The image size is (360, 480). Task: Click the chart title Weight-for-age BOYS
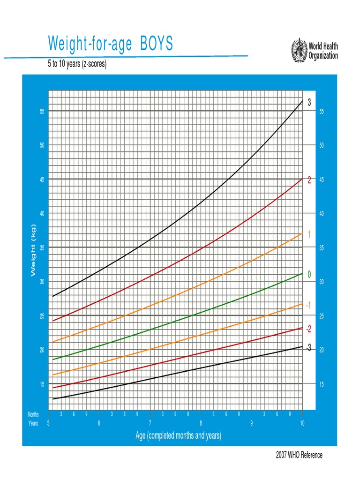click(x=110, y=44)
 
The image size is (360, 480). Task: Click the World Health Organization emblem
click(x=298, y=49)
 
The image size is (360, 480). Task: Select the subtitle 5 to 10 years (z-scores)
click(x=77, y=64)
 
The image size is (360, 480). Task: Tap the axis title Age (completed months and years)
click(x=178, y=436)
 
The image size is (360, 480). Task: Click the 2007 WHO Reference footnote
click(x=299, y=455)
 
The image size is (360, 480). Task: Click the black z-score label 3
click(x=309, y=102)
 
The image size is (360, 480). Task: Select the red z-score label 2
click(x=309, y=180)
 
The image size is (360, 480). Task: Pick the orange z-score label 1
click(x=309, y=234)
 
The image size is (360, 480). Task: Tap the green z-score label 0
click(x=309, y=275)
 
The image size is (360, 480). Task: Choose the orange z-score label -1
click(x=308, y=306)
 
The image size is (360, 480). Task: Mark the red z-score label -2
click(x=308, y=330)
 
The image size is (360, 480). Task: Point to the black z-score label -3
click(x=308, y=348)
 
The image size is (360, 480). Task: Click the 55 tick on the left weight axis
click(x=42, y=112)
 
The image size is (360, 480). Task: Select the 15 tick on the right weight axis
click(x=322, y=384)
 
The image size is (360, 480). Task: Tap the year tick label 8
click(x=201, y=423)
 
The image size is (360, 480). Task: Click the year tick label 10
click(x=302, y=423)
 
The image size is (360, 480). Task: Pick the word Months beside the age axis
click(x=33, y=414)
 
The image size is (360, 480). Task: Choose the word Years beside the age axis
click(x=33, y=423)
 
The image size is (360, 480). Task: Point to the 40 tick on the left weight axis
click(x=42, y=214)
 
